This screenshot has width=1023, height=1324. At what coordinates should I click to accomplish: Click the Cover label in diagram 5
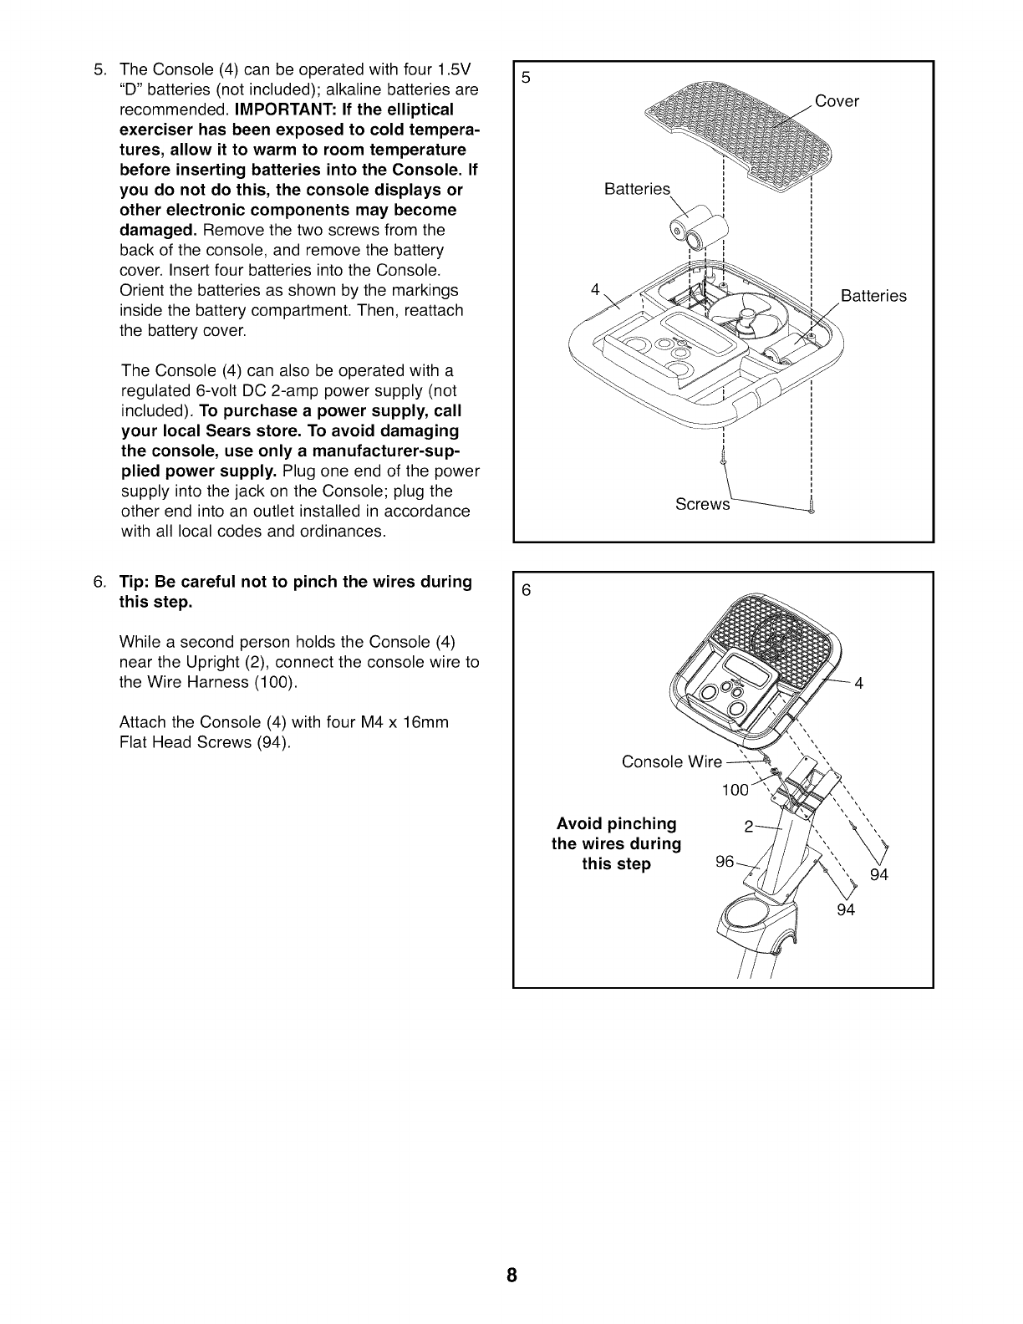tap(837, 101)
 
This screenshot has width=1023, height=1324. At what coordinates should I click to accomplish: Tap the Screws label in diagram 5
tap(702, 505)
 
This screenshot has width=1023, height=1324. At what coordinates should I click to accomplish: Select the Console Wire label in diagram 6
tap(672, 761)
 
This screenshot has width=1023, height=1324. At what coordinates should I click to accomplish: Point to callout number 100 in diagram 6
tap(735, 791)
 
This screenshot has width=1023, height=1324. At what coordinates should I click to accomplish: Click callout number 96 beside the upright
tap(725, 861)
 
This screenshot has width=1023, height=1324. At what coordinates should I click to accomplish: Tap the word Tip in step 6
tap(133, 581)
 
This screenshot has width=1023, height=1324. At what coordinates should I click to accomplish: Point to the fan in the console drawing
tap(735, 318)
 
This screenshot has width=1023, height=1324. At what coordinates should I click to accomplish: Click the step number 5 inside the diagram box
tap(526, 78)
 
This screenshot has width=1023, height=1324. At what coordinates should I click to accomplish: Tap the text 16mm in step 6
tap(430, 721)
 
